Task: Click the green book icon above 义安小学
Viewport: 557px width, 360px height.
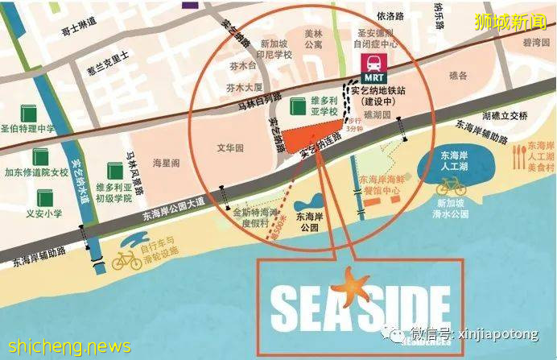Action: (x=44, y=197)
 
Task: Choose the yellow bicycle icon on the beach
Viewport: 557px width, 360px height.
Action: (x=127, y=259)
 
